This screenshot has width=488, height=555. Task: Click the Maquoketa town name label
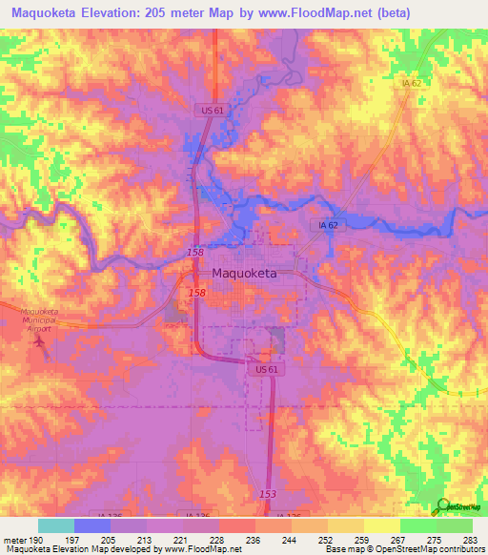point(244,273)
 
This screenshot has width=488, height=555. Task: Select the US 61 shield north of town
point(212,112)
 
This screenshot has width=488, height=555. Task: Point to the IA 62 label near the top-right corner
point(412,85)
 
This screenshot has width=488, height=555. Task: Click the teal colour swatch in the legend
point(56,525)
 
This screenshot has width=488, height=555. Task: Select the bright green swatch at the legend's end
point(454,525)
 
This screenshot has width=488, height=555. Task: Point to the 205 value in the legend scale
point(110,540)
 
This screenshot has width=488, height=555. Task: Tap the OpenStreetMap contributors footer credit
point(425,550)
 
